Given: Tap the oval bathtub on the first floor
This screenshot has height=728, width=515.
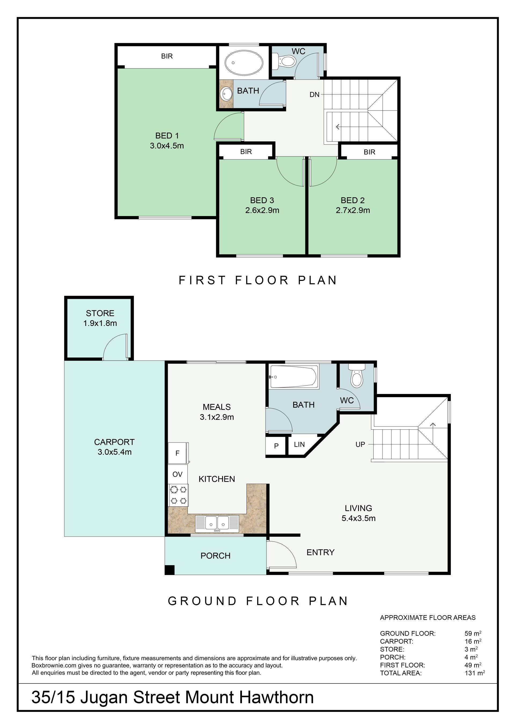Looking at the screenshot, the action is click(244, 63).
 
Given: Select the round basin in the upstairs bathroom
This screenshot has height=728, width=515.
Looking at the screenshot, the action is click(227, 94).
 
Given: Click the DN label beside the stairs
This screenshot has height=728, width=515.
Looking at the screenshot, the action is click(314, 95).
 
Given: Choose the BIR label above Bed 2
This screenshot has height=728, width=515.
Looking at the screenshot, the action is click(369, 152).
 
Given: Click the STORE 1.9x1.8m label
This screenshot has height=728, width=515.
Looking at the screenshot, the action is click(100, 318).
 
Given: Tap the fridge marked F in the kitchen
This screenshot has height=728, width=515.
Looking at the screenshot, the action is click(178, 453).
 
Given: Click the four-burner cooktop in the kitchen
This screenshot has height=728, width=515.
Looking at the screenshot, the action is click(178, 495).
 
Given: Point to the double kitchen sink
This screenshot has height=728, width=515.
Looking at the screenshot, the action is click(217, 523).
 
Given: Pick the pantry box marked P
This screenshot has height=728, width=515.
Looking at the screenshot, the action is click(276, 446).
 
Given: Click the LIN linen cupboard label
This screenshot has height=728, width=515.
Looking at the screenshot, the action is click(299, 444).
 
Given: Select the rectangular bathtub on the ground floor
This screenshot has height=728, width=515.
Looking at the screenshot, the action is click(293, 377).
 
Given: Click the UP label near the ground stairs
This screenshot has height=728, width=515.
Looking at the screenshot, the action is click(360, 444).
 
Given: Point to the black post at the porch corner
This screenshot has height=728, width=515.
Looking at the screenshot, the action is click(170, 570).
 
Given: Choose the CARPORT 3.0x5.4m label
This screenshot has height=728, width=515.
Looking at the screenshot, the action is click(115, 447).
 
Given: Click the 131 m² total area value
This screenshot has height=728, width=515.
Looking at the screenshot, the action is click(475, 673).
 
